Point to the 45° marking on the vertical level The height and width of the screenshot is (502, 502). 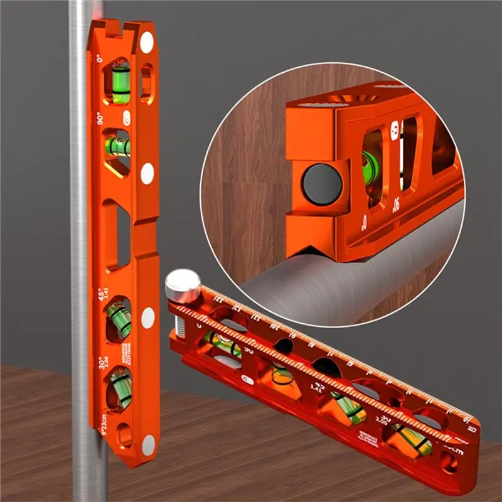(x=100, y=292)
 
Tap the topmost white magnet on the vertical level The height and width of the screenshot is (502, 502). (x=146, y=43)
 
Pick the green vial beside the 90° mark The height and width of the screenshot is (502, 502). (x=117, y=147)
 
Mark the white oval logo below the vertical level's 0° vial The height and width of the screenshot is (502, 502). (x=127, y=116)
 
